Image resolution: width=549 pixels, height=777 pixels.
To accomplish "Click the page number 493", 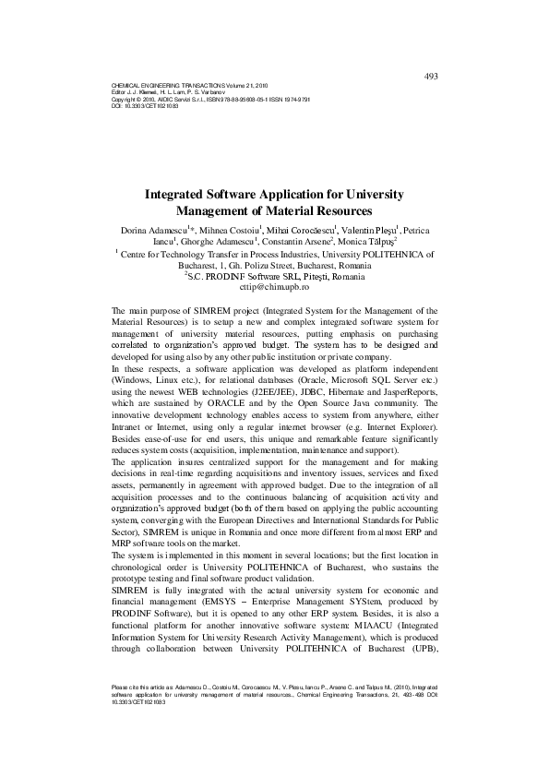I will (x=430, y=76).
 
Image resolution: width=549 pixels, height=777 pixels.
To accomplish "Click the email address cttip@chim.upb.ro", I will (x=274, y=287).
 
